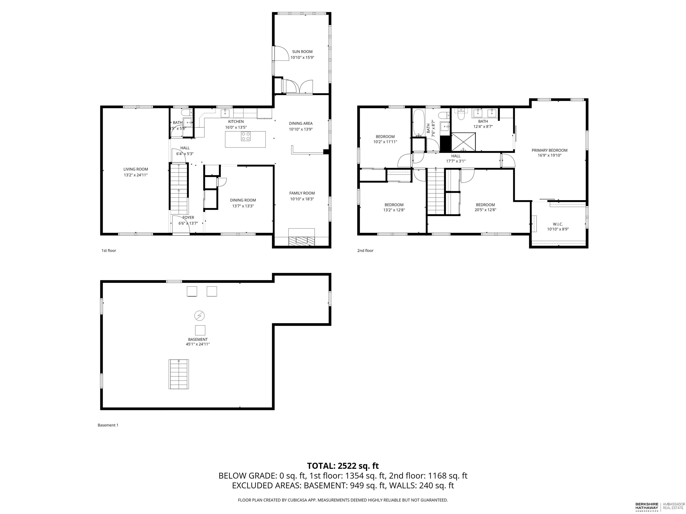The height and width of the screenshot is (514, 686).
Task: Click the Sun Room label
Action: click(x=302, y=52)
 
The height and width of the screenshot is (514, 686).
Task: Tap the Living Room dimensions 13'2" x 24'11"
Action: click(x=136, y=175)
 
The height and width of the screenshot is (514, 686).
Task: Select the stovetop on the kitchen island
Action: click(x=246, y=136)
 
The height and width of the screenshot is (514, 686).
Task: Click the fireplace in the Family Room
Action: click(x=301, y=237)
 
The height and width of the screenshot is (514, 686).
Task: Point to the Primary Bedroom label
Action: click(x=550, y=150)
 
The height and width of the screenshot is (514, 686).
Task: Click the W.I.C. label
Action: click(x=558, y=224)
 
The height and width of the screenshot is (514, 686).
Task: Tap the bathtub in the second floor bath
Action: click(x=419, y=123)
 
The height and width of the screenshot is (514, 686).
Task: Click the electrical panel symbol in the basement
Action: click(x=199, y=316)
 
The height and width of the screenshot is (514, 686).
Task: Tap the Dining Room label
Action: click(x=243, y=200)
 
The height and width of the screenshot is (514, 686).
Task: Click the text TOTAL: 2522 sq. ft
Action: click(x=343, y=466)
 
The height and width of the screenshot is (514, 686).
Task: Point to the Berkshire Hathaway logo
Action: click(x=646, y=507)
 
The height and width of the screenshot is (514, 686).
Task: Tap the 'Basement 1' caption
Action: click(x=108, y=425)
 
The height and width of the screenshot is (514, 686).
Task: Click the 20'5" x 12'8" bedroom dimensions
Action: click(x=485, y=210)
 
